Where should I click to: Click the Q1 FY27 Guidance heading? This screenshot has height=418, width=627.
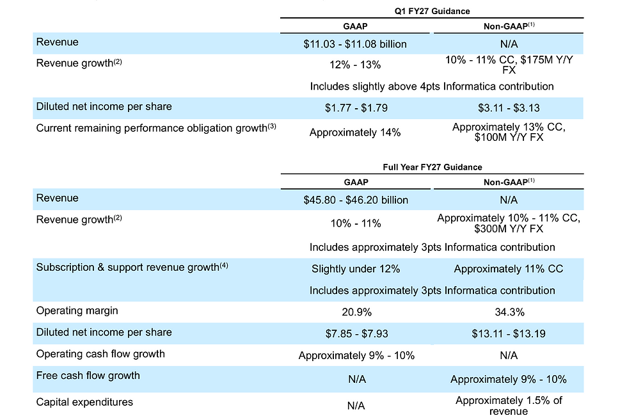click(433, 12)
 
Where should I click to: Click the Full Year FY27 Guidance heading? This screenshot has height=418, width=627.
click(433, 167)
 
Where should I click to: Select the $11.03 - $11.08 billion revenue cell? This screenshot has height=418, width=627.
click(355, 44)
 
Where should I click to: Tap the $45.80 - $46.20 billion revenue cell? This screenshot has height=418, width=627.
click(356, 200)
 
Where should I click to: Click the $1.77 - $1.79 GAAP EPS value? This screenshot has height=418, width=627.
click(355, 108)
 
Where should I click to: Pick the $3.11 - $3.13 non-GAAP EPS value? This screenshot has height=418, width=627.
click(509, 108)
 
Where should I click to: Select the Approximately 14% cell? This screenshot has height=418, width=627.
click(355, 133)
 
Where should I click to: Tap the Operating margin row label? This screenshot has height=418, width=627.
click(77, 311)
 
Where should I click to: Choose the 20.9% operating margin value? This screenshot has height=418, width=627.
click(355, 312)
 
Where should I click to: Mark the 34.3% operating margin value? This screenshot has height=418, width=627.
click(509, 312)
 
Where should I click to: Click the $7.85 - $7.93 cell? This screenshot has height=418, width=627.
click(355, 334)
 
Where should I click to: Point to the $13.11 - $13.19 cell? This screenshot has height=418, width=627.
click(509, 334)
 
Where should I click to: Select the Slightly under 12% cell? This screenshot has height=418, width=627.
click(355, 269)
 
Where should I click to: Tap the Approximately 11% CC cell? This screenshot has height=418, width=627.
click(509, 269)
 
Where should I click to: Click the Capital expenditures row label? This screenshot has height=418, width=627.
click(84, 402)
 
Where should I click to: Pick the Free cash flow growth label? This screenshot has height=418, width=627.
click(88, 375)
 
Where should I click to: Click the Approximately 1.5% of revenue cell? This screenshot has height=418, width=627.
click(509, 406)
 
